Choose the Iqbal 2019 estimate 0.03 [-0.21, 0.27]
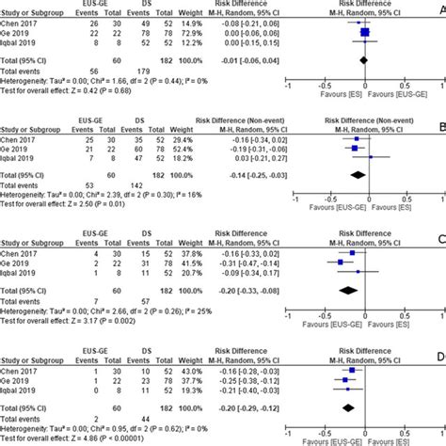pyautogui.click(x=255, y=158)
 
